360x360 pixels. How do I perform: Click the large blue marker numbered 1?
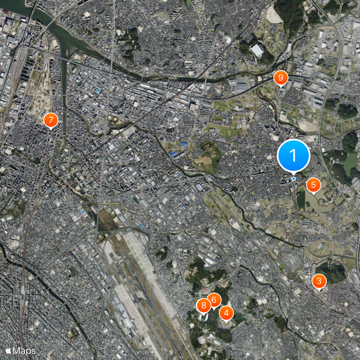point(293,156)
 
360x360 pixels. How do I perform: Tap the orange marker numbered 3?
point(319,282)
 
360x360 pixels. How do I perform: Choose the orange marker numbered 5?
point(313,184)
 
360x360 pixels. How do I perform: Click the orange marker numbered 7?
point(51,120)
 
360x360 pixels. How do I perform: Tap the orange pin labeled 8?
point(203,306)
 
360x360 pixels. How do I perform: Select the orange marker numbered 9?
point(280,78)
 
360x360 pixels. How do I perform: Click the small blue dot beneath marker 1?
point(293,179)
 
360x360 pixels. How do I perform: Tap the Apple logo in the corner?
point(8,350)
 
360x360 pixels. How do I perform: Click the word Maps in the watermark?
point(24,350)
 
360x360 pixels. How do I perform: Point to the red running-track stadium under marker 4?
point(226,323)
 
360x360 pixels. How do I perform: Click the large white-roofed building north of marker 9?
point(257,50)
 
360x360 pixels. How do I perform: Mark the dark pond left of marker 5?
point(300,198)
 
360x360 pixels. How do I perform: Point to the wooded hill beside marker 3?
point(333,272)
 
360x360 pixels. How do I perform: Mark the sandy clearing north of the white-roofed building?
point(274,16)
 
